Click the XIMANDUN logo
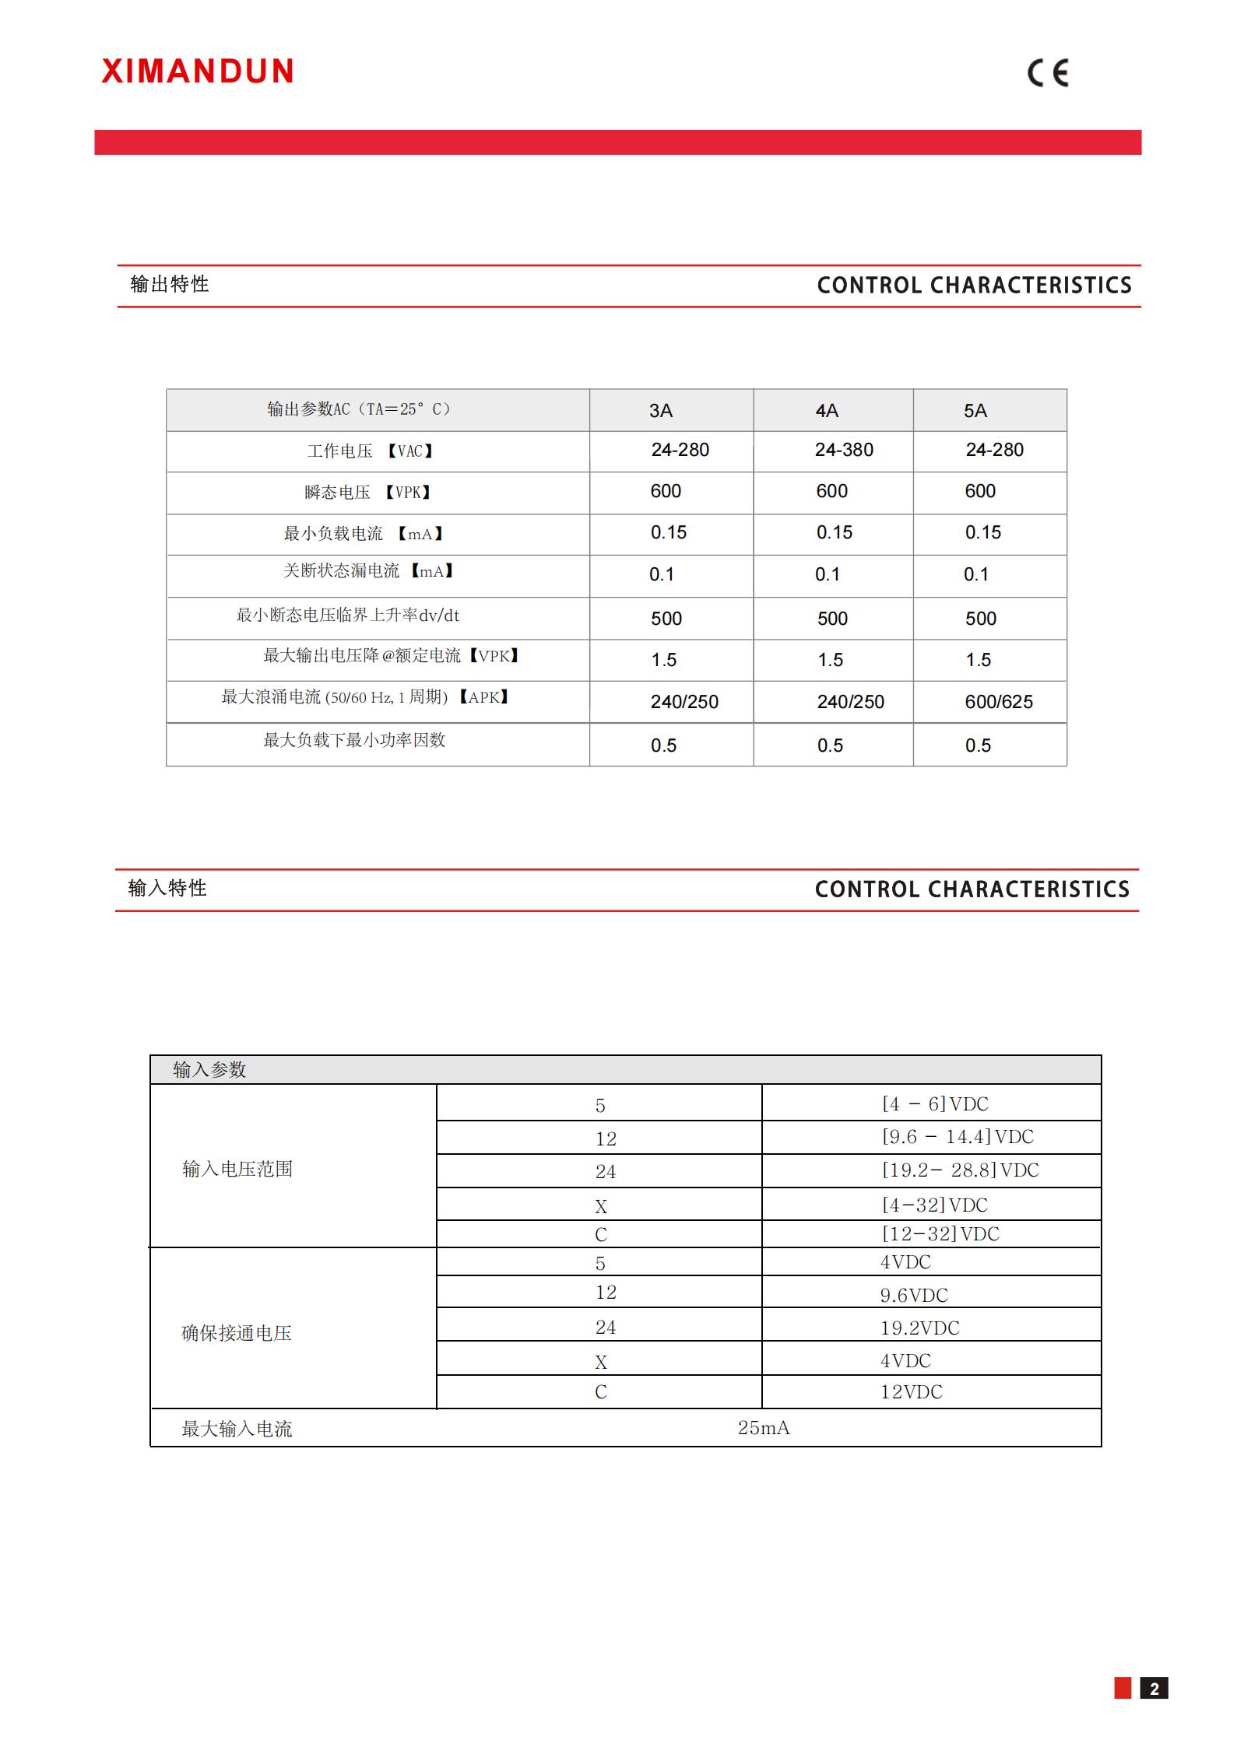(198, 72)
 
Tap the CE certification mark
(1048, 73)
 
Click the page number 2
(1154, 1688)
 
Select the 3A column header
(661, 411)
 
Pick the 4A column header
(827, 411)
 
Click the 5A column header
(975, 411)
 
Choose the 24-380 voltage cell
(844, 450)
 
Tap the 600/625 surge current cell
(999, 702)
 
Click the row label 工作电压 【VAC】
(370, 451)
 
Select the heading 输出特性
(170, 285)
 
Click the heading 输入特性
(167, 889)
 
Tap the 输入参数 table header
(209, 1070)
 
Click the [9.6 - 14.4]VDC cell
(958, 1137)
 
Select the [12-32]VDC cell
(940, 1234)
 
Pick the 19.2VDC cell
(919, 1328)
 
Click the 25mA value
(764, 1428)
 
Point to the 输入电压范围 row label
(237, 1169)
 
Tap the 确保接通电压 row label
(237, 1333)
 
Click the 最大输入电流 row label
(237, 1429)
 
